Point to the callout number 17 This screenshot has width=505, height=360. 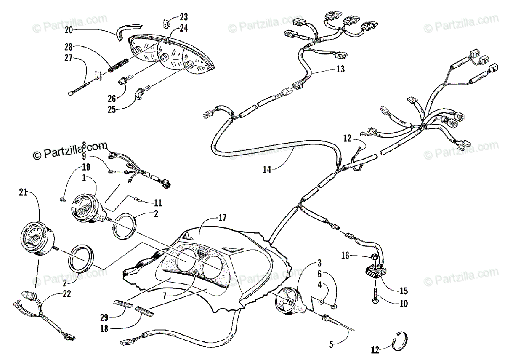click(x=222, y=218)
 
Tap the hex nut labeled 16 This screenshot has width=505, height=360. click(x=374, y=256)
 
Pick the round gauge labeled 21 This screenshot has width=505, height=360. click(x=37, y=239)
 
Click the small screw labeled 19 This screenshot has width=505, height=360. click(x=63, y=198)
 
